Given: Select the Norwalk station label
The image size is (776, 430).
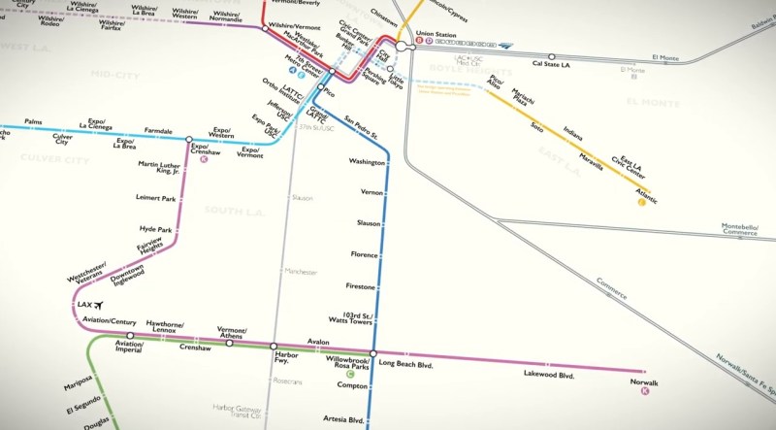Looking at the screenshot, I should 643,382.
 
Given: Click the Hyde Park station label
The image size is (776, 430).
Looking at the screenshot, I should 155,229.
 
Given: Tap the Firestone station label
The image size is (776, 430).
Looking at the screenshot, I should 360,286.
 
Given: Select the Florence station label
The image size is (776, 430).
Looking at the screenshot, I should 364,254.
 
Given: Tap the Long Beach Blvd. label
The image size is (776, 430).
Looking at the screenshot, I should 404,364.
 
